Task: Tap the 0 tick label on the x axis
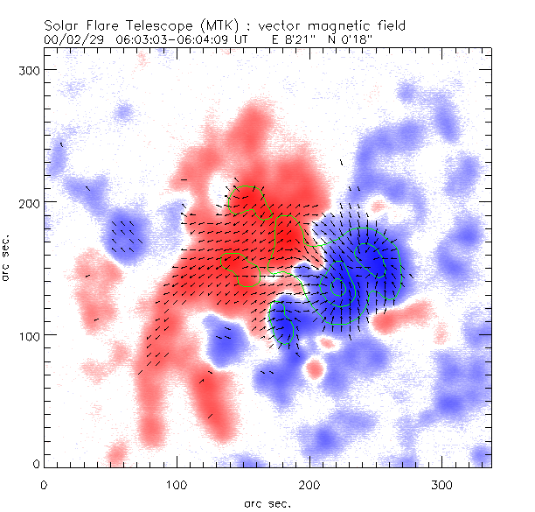click(x=44, y=483)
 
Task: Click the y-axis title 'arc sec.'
click(x=6, y=257)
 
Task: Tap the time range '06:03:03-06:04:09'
click(x=166, y=39)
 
